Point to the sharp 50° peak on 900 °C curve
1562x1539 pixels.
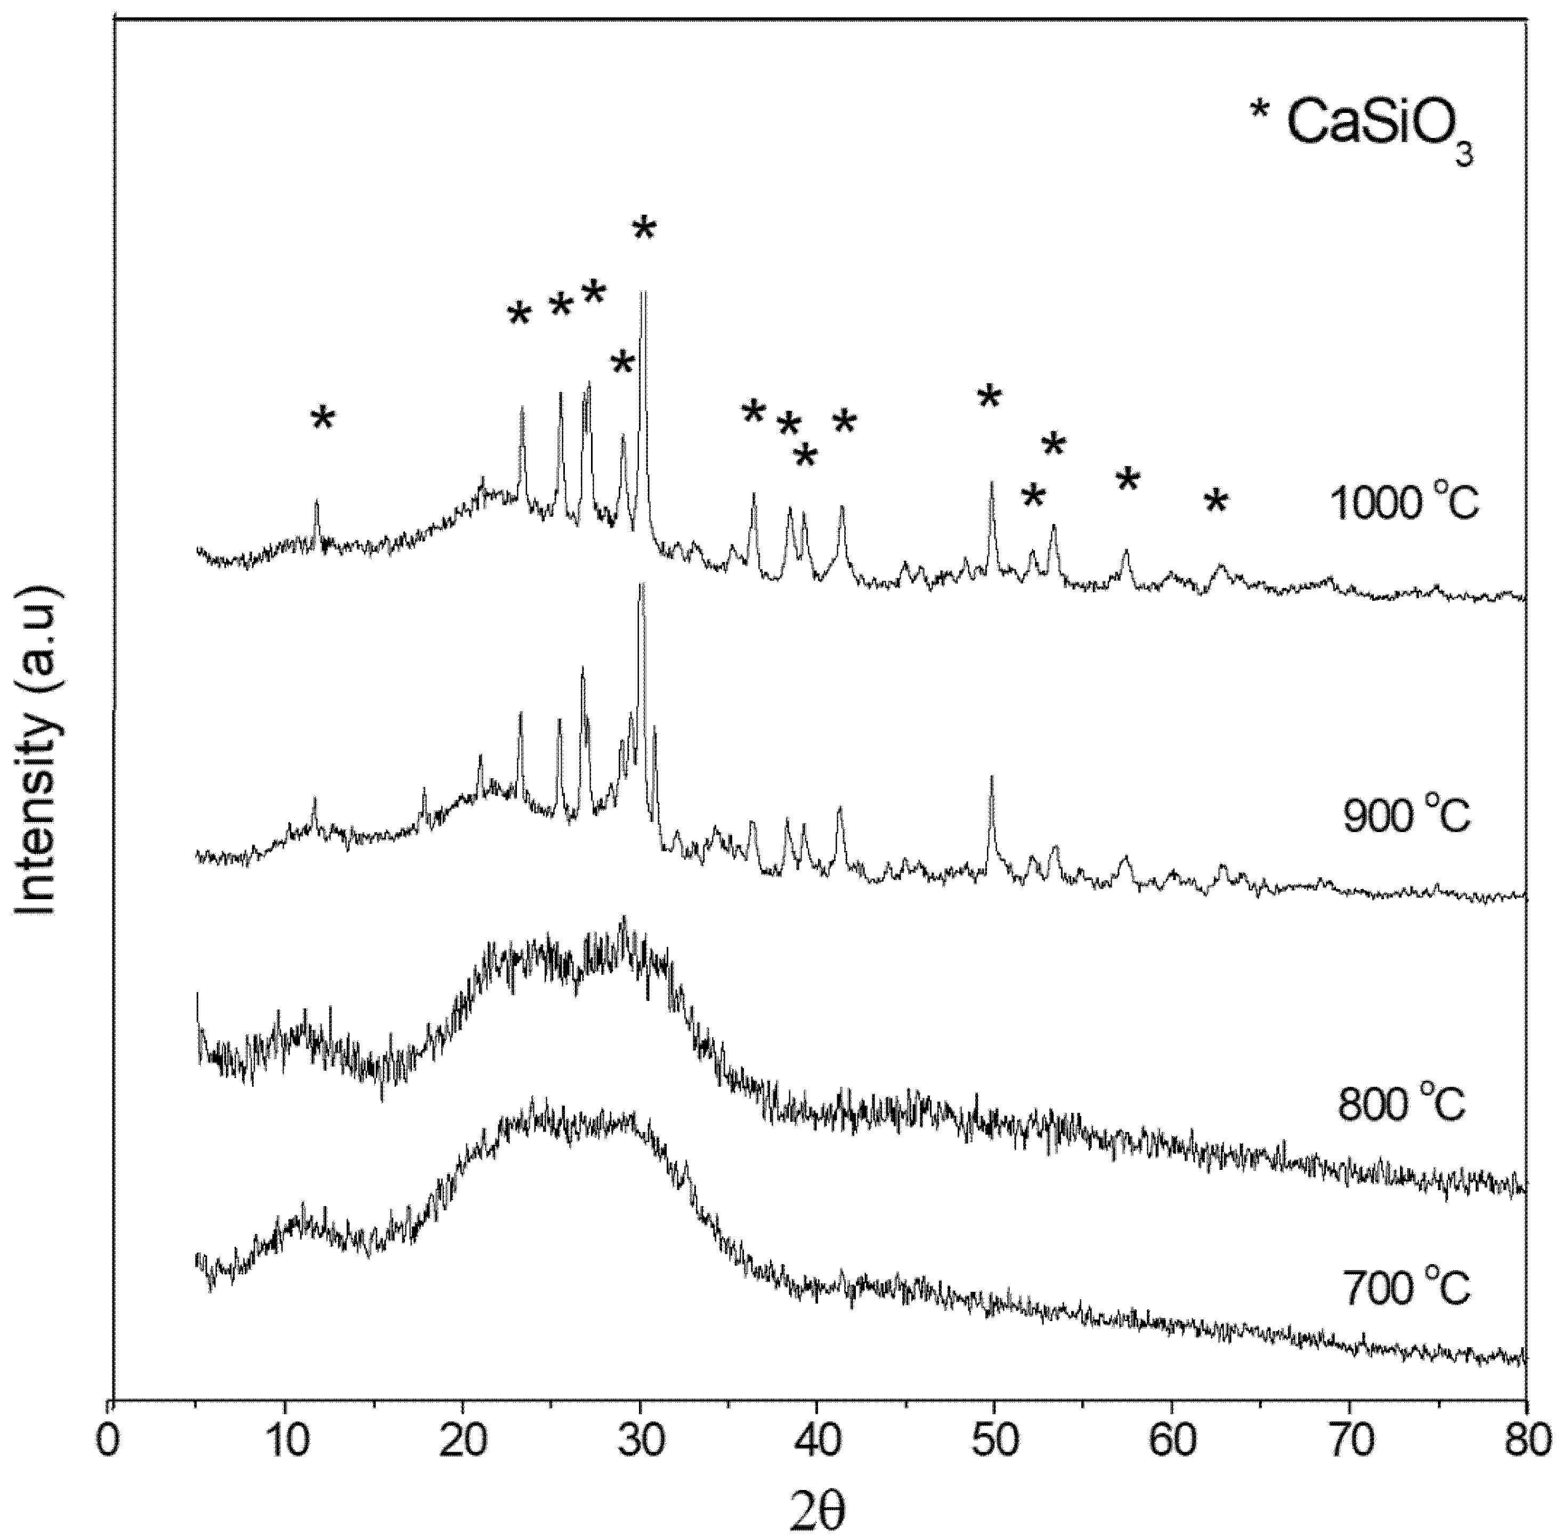992,778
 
